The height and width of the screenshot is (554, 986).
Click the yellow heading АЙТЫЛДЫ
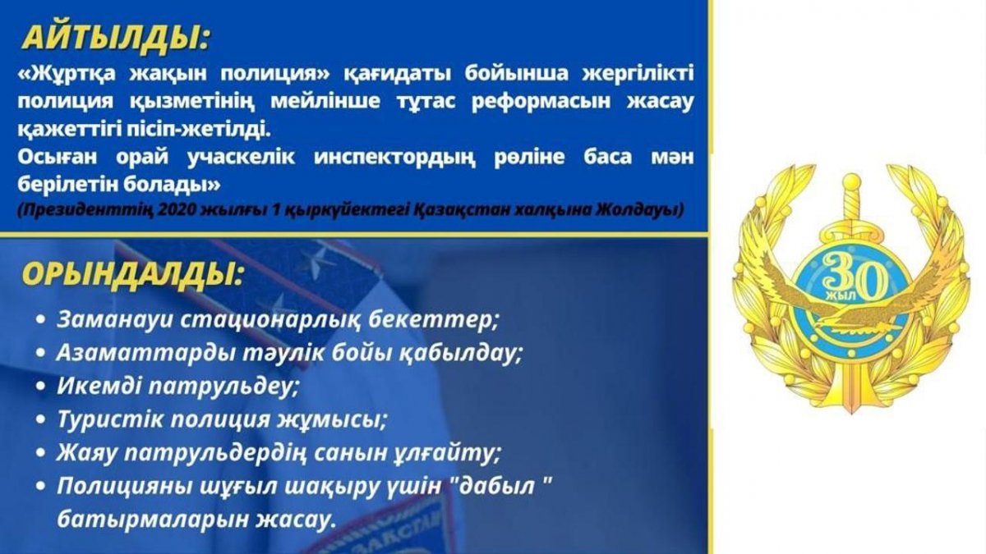tap(115, 39)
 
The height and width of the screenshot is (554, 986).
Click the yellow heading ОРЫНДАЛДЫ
tap(132, 275)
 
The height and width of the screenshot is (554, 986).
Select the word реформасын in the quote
tap(541, 101)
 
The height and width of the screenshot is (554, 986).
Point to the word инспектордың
tap(394, 158)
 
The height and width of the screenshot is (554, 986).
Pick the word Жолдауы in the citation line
tap(639, 210)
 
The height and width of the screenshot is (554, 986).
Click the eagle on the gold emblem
tap(851, 299)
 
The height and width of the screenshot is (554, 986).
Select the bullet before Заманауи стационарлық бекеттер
tap(40, 319)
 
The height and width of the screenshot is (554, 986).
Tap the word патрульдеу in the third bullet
tap(223, 387)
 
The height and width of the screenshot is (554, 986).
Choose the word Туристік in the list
tap(109, 419)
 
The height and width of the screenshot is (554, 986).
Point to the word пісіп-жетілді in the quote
tap(199, 130)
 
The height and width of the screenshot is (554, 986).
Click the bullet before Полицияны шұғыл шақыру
tap(40, 486)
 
